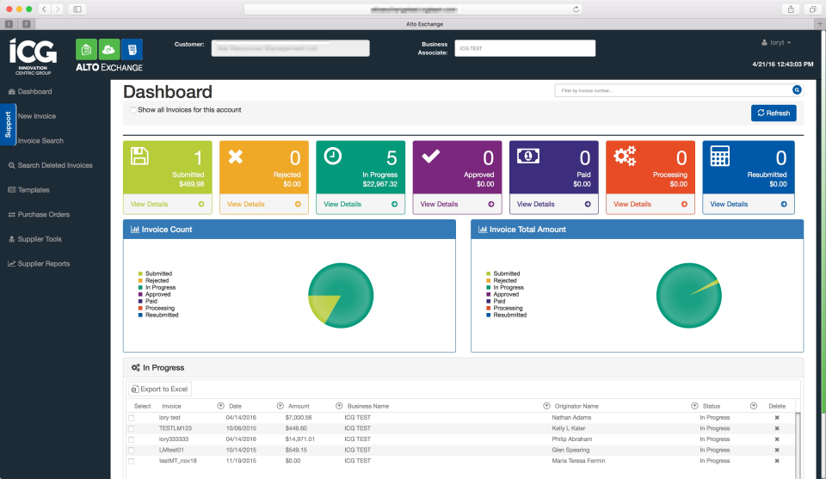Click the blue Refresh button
774,113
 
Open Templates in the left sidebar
34,190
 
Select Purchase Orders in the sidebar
43,214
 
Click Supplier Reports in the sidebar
43,264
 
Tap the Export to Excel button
159,390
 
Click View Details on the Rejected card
246,205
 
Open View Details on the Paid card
536,205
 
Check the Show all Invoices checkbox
133,110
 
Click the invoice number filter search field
674,89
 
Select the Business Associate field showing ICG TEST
525,48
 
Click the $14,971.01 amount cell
300,439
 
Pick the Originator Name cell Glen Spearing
571,450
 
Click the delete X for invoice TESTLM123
776,428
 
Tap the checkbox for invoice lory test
132,418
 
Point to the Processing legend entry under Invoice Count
159,309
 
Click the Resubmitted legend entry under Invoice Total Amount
509,316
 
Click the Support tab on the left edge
8,124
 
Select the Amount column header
299,406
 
